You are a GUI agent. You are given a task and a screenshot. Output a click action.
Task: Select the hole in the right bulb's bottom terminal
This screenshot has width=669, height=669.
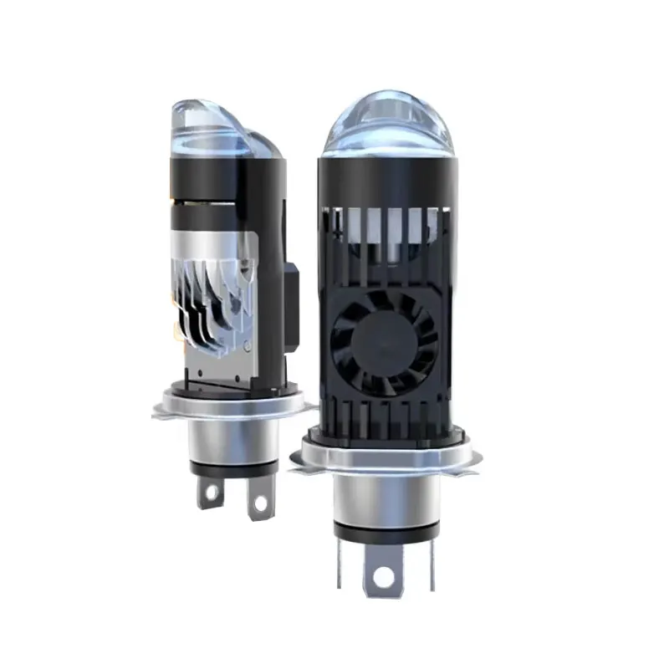(384, 576)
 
